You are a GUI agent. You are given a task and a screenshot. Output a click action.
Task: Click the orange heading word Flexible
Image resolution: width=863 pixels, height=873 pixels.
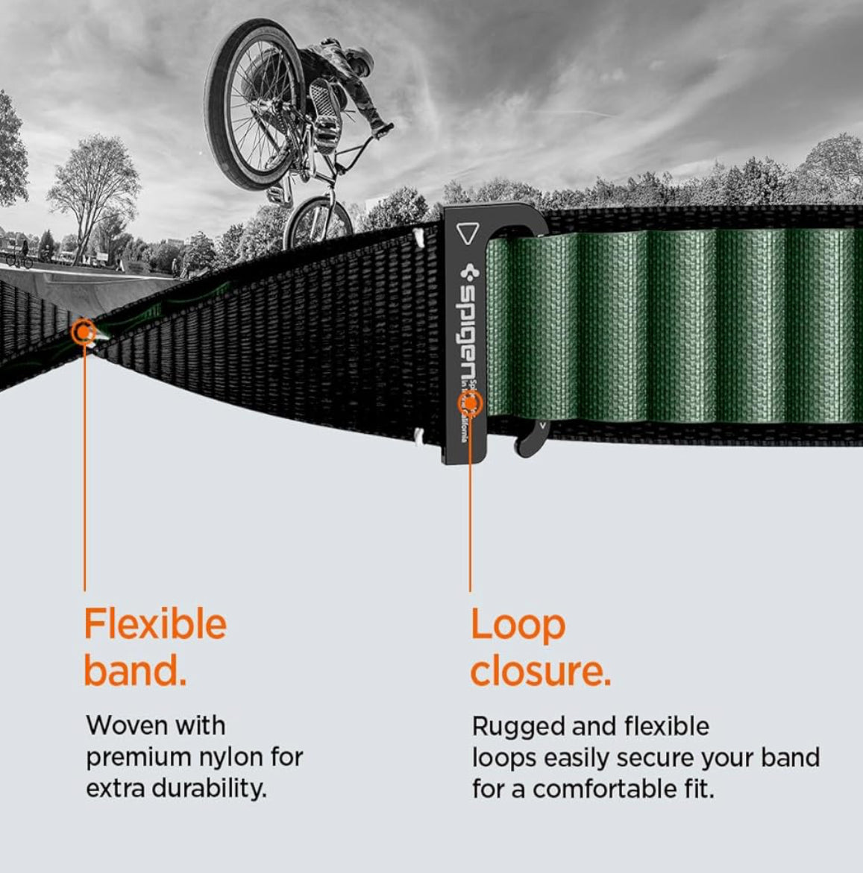[154, 624]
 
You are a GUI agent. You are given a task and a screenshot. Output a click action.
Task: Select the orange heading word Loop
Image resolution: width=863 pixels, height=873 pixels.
[518, 625]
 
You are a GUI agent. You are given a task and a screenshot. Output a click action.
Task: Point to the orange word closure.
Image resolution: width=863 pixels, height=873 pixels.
[540, 671]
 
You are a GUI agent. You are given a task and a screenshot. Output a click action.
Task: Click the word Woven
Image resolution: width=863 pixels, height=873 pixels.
[122, 725]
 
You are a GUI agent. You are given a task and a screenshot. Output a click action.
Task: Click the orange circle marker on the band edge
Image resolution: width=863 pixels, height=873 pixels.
[84, 330]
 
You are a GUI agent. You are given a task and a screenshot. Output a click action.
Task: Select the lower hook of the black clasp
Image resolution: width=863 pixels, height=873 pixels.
[530, 440]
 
